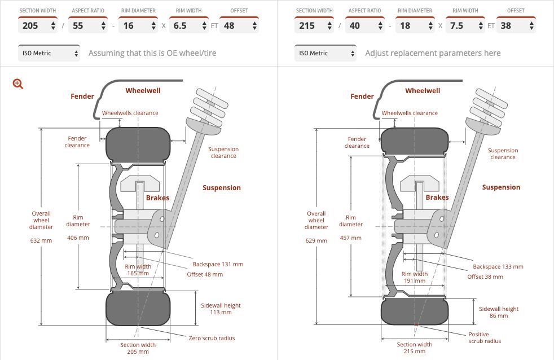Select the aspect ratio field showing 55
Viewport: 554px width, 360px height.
point(87,25)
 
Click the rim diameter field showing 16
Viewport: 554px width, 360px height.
point(136,25)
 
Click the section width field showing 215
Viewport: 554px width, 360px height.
point(314,25)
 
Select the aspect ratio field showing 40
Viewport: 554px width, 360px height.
point(363,25)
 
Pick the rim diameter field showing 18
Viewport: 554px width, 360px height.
point(412,25)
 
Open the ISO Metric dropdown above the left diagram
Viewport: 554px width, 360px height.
point(49,53)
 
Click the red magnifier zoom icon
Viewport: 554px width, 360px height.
point(18,84)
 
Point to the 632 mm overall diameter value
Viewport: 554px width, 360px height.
point(41,240)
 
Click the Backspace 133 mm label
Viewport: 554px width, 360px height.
point(498,267)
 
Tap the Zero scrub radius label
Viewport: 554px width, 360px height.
point(212,338)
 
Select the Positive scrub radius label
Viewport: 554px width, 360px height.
point(485,337)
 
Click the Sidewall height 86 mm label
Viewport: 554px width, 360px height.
point(498,313)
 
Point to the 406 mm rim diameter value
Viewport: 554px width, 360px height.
point(78,238)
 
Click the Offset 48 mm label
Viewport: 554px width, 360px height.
point(205,274)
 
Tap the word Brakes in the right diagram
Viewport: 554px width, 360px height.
point(437,197)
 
